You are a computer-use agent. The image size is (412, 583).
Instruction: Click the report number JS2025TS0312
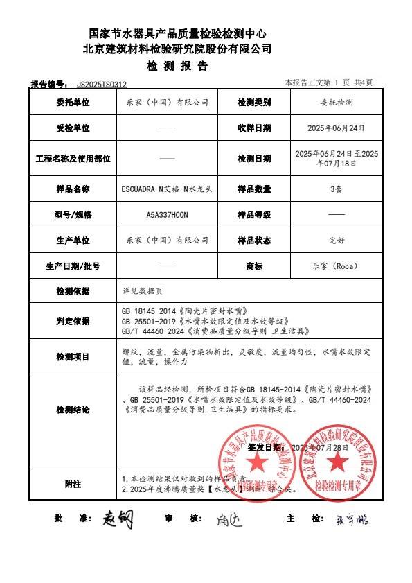pos(102,84)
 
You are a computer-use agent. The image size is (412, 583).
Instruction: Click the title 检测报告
pos(177,67)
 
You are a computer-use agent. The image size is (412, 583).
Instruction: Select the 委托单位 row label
pos(73,103)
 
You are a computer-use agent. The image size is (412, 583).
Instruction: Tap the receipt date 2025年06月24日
pos(336,128)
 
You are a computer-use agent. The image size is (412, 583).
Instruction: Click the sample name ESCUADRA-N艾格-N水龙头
pos(167,189)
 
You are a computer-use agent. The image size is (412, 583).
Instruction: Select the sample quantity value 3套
pos(336,189)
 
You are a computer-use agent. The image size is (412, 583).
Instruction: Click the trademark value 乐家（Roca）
pos(336,266)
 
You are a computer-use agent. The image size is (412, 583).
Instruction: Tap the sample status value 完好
pos(336,240)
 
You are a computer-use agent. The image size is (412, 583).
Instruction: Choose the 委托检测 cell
pos(336,103)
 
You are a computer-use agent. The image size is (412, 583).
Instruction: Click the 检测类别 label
pos(254,103)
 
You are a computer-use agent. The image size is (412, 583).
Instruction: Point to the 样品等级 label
pos(254,214)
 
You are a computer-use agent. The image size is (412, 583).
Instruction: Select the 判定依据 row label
pos(73,321)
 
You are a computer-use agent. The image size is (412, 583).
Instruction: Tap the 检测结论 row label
pos(73,410)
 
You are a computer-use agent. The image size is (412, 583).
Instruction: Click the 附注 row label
pos(73,483)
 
